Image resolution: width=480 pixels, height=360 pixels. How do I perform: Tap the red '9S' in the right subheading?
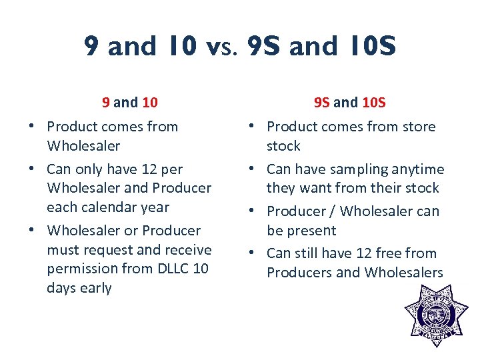pyautogui.click(x=322, y=103)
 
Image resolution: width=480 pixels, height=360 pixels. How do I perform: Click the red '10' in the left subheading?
pyautogui.click(x=150, y=103)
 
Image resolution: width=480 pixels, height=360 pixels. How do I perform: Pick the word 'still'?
pyautogui.click(x=306, y=253)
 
